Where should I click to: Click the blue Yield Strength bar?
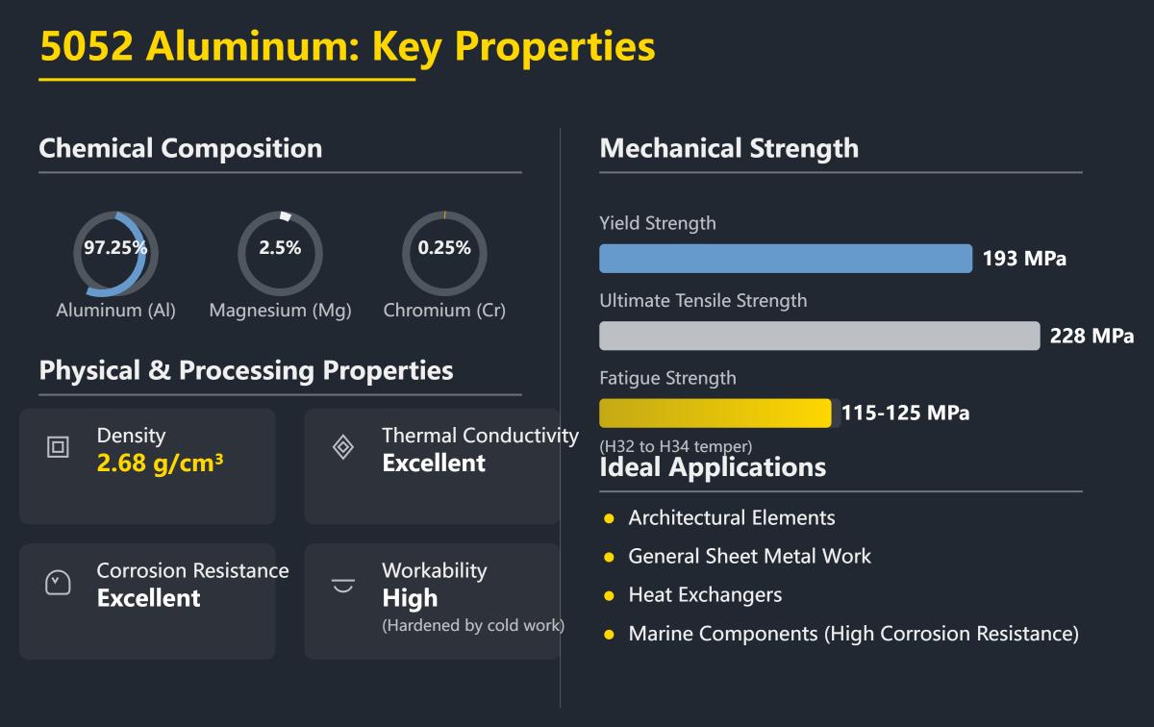[786, 259]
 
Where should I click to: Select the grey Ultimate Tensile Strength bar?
[819, 336]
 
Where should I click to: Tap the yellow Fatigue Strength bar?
[715, 414]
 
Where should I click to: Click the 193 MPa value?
[1024, 259]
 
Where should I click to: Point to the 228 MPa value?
[1091, 336]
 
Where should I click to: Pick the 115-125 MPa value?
[905, 414]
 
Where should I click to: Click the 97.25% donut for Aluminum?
[115, 253]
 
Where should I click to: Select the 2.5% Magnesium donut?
[280, 253]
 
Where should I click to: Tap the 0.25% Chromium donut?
[444, 253]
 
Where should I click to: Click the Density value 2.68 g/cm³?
[160, 464]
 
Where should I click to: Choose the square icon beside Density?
[58, 447]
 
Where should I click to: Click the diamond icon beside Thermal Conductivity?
[342, 447]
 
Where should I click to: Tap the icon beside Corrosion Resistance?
[58, 582]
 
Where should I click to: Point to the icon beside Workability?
[342, 584]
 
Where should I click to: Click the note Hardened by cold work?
[472, 626]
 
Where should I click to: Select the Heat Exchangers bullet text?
[705, 595]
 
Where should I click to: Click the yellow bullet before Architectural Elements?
[609, 519]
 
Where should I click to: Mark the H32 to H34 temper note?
[675, 447]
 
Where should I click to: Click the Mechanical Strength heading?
[728, 148]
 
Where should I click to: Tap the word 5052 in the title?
[86, 46]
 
